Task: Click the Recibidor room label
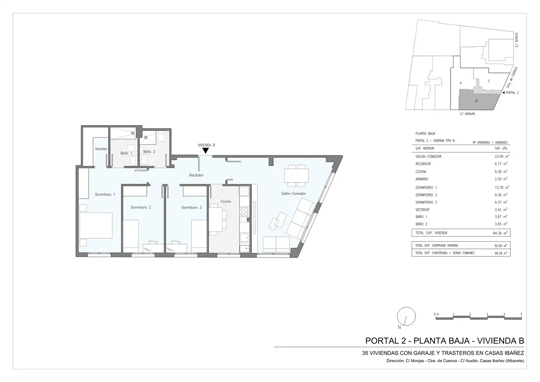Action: tap(196, 175)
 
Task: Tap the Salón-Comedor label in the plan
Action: tap(294, 193)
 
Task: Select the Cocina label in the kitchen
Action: tap(226, 201)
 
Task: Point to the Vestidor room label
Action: tap(101, 149)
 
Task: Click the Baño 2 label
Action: tap(149, 152)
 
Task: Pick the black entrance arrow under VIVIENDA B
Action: tap(205, 151)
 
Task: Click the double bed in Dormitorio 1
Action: tap(96, 226)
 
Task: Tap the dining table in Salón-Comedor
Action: tap(296, 175)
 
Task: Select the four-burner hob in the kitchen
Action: tap(244, 212)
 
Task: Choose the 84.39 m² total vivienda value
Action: tap(500, 233)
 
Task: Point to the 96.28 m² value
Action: tap(500, 253)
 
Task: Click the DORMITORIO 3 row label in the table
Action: tap(426, 202)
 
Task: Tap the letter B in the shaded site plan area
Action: tap(476, 101)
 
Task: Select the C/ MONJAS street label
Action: tap(467, 114)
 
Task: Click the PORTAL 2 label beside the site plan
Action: tap(512, 93)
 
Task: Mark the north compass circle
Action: tap(406, 316)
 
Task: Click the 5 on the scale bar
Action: tap(521, 314)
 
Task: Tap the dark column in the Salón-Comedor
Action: tap(271, 162)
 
